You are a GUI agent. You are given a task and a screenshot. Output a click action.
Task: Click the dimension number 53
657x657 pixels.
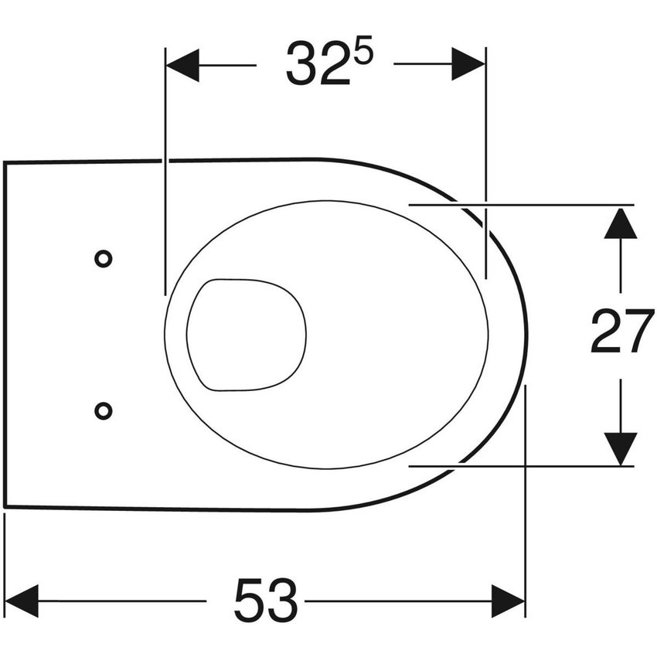[265, 601]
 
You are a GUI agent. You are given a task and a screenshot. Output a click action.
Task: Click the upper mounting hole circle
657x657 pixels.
[103, 259]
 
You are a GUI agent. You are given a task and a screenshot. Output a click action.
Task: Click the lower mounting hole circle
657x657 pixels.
[103, 410]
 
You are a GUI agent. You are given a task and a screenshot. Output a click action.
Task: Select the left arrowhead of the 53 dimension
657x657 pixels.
[22, 601]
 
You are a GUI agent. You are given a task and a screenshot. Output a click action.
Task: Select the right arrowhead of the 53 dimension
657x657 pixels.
[508, 601]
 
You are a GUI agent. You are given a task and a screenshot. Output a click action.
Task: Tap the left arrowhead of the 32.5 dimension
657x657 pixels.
[182, 64]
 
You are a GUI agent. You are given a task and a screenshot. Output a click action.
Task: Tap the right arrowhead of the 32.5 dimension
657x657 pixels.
[468, 64]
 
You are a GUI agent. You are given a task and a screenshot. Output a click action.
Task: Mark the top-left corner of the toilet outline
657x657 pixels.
[5, 162]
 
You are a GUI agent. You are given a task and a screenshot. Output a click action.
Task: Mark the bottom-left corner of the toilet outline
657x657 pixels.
[5, 507]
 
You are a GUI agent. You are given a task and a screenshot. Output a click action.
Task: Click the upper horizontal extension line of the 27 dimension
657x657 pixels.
[541, 206]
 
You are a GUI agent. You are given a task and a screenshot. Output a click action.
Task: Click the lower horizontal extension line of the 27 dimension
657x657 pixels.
[541, 466]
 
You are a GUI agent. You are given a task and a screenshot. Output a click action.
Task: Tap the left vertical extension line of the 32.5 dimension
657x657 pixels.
[165, 193]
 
